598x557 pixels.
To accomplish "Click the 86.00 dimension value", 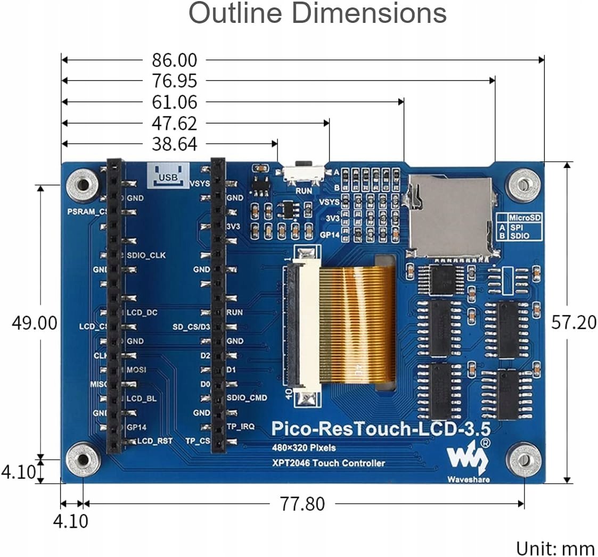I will (174, 60).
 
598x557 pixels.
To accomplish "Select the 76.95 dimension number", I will (174, 81).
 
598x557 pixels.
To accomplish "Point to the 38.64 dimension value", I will (174, 144).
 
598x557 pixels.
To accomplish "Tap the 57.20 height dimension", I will (574, 322).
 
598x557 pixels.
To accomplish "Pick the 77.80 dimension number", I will (302, 503).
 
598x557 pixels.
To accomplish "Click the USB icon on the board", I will (168, 176).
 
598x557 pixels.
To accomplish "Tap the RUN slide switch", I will (304, 171).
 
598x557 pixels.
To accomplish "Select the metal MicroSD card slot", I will (450, 215).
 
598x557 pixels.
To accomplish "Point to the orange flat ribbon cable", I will (357, 325).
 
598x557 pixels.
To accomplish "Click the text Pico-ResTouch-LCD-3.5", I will (380, 428).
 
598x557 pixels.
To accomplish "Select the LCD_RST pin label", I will (155, 441).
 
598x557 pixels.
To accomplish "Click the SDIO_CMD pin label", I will (247, 397).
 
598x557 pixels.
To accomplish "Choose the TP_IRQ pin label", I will (241, 426).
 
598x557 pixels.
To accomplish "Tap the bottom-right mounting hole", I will (523, 460).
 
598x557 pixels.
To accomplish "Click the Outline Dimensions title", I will (317, 14).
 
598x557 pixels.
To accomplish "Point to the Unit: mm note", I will (555, 548).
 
